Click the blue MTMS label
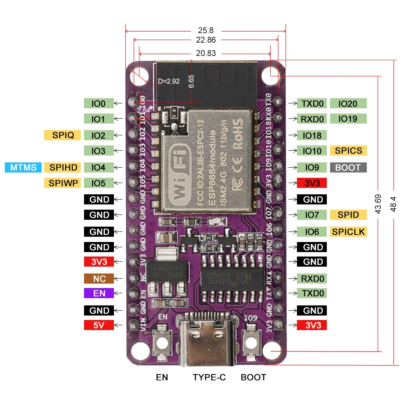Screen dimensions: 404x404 pos(23,167)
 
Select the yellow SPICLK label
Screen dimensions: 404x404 pos(348,231)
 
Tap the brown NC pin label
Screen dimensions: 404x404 pos(99,278)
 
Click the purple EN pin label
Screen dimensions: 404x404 pos(99,293)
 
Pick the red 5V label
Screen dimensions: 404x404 pos(99,325)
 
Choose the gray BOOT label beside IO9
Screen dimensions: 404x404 pos(348,167)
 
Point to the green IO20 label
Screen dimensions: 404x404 pos(348,103)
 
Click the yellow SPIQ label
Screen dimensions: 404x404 pos(62,135)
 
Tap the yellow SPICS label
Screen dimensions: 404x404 pos(348,151)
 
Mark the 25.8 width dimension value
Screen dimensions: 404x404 pos(206,30)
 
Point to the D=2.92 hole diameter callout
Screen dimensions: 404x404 pos(168,82)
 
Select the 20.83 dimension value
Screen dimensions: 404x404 pos(206,53)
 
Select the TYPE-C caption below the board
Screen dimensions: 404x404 pos(209,377)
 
